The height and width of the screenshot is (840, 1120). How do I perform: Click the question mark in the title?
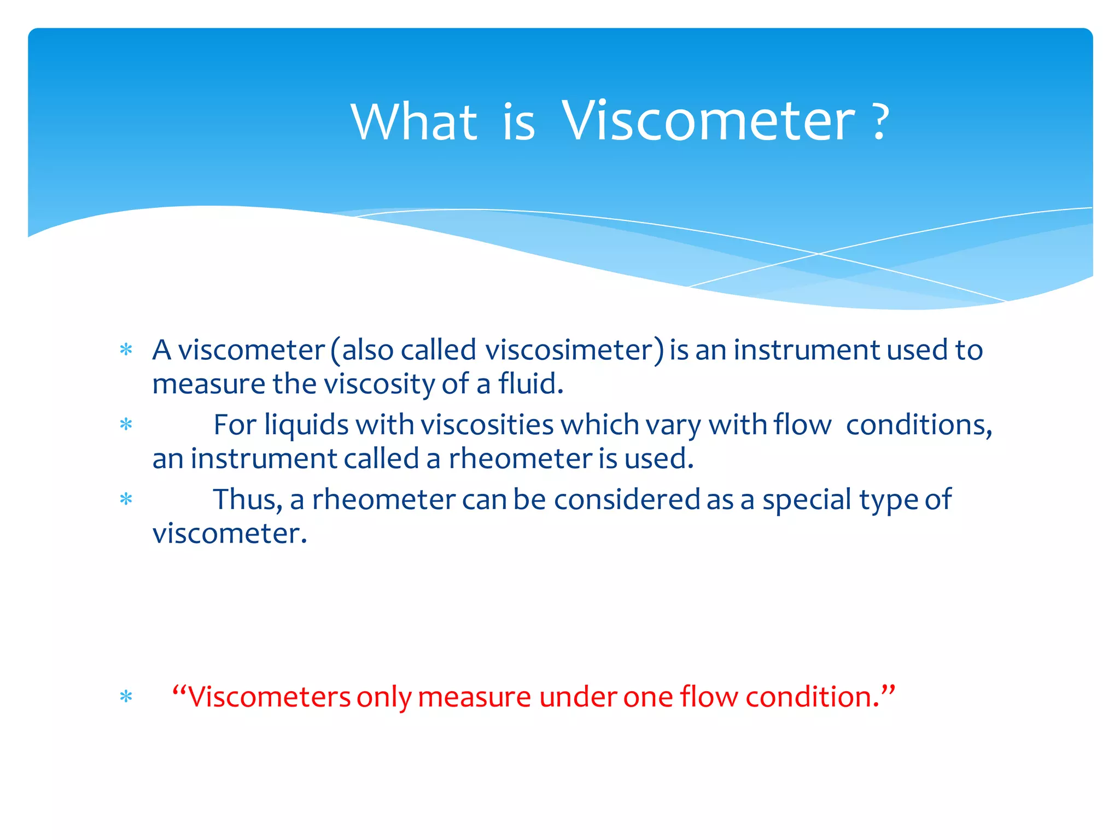(x=879, y=122)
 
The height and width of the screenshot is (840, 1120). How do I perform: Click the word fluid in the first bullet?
(x=530, y=384)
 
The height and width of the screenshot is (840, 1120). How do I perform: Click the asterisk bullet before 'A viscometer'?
(x=126, y=350)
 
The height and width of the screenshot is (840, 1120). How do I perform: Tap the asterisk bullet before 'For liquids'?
(x=126, y=425)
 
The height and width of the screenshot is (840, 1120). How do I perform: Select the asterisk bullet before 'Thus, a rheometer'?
(x=126, y=500)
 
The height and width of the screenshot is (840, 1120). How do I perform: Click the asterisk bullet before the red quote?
(x=126, y=697)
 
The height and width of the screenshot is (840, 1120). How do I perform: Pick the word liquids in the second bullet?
(x=306, y=425)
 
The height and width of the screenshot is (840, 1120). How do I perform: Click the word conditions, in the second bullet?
(x=919, y=425)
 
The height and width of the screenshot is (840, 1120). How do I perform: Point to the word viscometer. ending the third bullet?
(x=230, y=534)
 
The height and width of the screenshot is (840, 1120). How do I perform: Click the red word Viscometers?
(x=269, y=697)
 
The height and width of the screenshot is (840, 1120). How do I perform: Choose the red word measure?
(x=474, y=697)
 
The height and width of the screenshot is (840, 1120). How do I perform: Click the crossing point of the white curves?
(x=819, y=254)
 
